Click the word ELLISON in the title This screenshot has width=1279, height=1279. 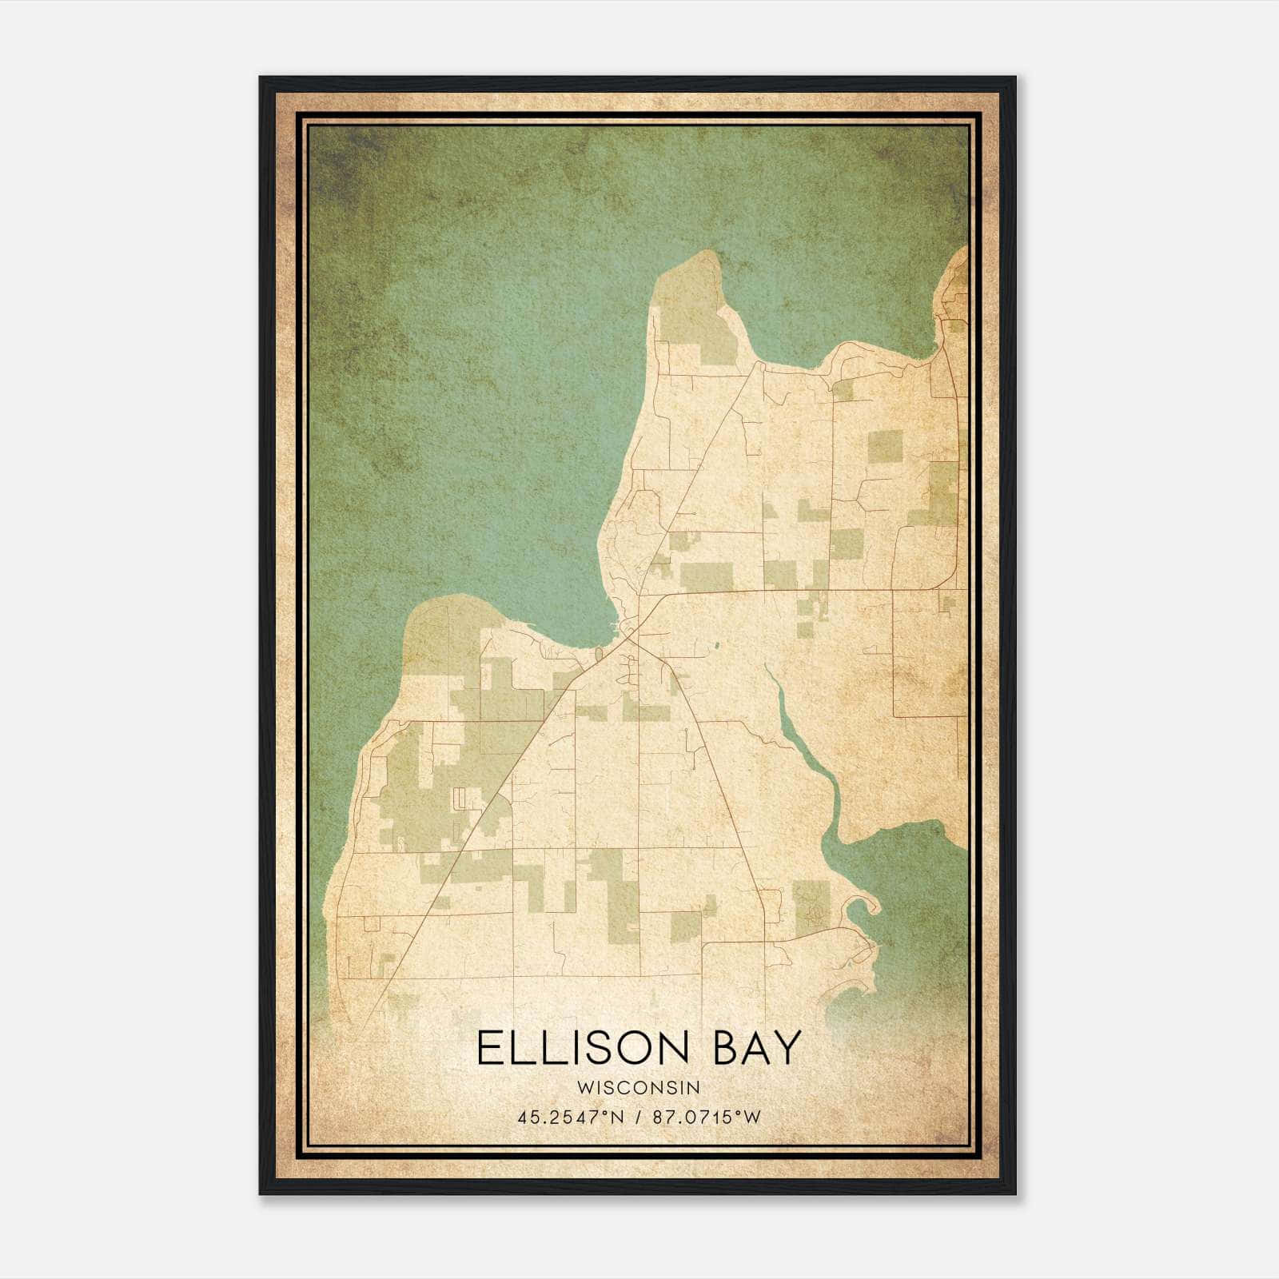point(581,1049)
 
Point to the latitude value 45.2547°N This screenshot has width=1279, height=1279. point(570,1118)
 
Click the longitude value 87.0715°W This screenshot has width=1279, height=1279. point(707,1118)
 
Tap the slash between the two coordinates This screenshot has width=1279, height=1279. point(638,1118)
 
